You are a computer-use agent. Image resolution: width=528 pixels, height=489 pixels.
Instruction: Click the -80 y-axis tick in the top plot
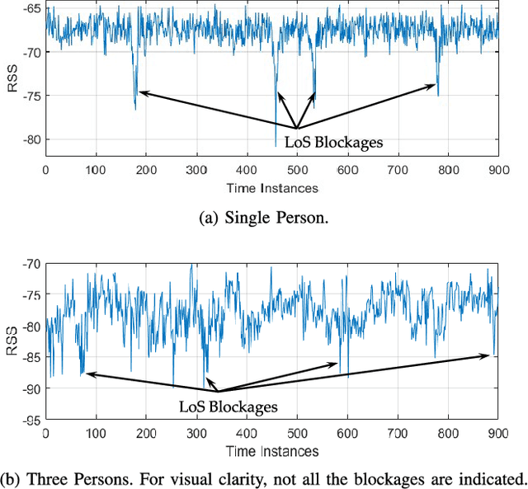(x=32, y=139)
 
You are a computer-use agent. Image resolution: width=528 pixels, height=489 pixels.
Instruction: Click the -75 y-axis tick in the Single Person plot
(x=32, y=96)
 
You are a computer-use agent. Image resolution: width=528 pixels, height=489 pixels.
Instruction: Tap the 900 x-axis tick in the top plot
(x=497, y=169)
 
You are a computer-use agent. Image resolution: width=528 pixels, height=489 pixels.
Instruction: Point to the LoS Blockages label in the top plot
(x=339, y=143)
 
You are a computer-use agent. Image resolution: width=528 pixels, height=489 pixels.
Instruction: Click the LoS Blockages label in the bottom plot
(x=229, y=407)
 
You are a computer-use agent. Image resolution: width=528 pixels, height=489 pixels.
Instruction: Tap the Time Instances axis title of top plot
(x=271, y=187)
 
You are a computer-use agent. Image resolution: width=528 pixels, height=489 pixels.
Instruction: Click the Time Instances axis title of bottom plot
(x=271, y=451)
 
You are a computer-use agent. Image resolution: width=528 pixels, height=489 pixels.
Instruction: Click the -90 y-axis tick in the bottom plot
(x=32, y=388)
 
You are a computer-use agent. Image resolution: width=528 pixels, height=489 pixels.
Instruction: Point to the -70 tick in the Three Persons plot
(x=32, y=264)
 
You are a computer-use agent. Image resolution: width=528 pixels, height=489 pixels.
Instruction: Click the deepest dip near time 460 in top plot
(x=276, y=145)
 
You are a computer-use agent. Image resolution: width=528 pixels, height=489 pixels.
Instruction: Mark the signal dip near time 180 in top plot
(x=135, y=107)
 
